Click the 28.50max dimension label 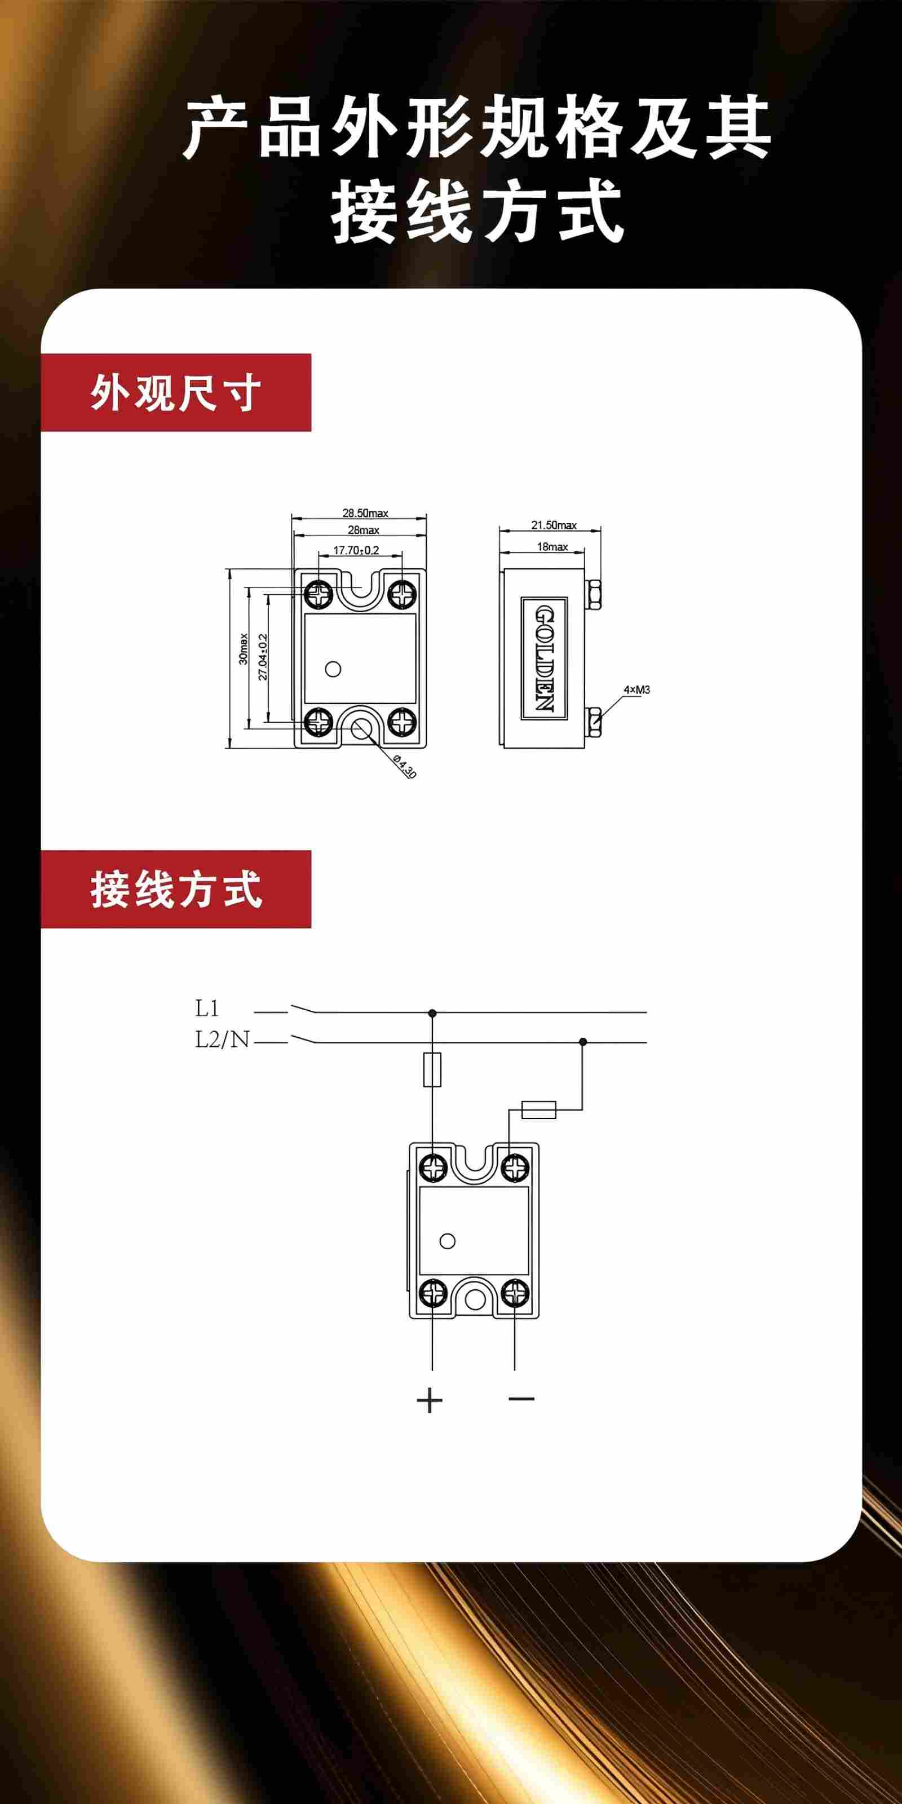(365, 514)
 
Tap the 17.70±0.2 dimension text (356, 550)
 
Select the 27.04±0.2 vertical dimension (263, 656)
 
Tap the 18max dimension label (552, 546)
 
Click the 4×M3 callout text (636, 690)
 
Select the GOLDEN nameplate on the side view (544, 658)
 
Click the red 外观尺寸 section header (176, 393)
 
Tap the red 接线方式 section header (176, 890)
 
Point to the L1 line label (207, 1009)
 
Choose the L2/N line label (222, 1040)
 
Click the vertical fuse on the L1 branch (432, 1069)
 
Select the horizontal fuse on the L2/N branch (538, 1110)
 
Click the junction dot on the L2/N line (583, 1042)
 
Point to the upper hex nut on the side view (595, 594)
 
